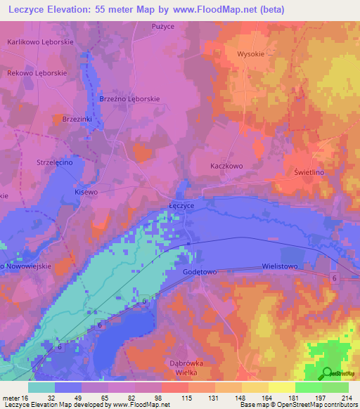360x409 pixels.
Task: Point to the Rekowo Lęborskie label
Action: [x=37, y=73]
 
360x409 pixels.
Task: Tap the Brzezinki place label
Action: [x=77, y=119]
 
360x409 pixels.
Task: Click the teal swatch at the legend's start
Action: [x=41, y=387]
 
